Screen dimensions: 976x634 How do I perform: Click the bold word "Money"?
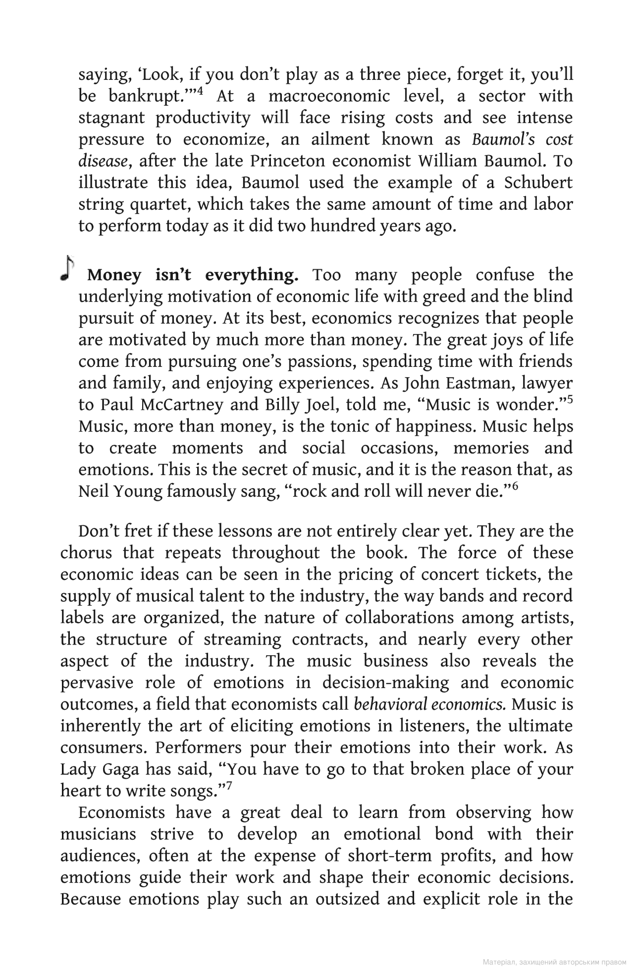(114, 275)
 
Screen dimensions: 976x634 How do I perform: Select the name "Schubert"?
(538, 183)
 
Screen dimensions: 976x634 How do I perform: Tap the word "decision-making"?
(386, 683)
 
